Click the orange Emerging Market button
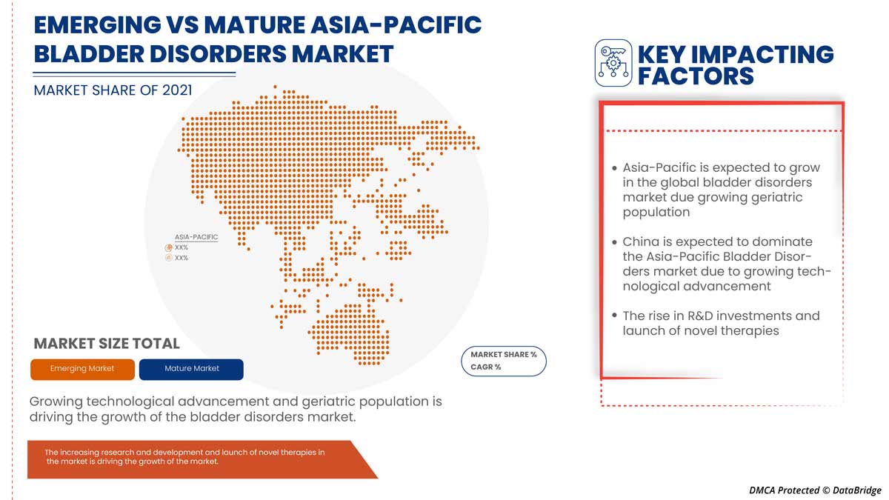coord(82,369)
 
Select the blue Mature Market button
coord(191,369)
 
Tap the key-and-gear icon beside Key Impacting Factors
coord(613,64)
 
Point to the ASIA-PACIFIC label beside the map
coord(196,237)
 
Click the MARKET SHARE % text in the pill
coord(504,355)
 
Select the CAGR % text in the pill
coord(486,367)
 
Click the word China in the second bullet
coord(642,242)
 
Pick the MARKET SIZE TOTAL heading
coord(107,344)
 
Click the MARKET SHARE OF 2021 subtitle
coord(113,90)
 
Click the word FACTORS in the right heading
coord(696,76)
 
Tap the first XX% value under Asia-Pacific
coord(182,247)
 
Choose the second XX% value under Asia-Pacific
coord(182,258)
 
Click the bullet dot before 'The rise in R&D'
coord(614,316)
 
